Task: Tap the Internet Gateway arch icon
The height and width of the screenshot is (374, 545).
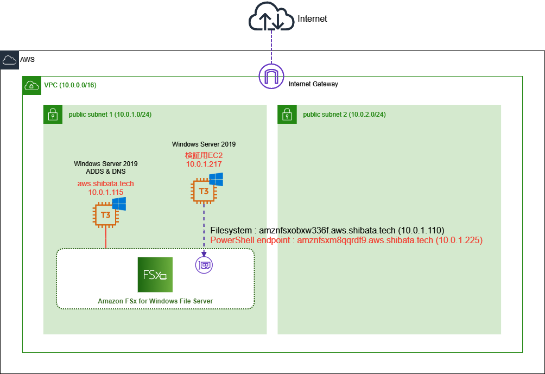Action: coord(272,76)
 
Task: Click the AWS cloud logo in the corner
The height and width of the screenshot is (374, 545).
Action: coord(9,60)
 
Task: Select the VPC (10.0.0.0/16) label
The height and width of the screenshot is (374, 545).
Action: coord(70,85)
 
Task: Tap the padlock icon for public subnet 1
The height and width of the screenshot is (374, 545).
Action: coord(53,114)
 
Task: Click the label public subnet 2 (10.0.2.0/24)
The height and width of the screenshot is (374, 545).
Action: coord(344,115)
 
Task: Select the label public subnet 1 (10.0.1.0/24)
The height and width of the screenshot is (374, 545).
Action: coord(110,115)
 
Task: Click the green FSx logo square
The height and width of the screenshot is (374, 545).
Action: coord(155,275)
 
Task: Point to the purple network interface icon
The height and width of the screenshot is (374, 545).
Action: coord(204,265)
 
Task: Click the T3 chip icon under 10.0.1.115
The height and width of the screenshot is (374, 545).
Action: coord(105,215)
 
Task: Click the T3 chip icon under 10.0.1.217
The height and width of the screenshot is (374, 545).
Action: coord(204,191)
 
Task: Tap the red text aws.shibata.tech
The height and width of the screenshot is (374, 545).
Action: coord(105,184)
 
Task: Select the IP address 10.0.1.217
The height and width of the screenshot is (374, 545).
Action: coord(204,163)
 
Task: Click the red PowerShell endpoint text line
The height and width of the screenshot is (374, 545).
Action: coord(346,239)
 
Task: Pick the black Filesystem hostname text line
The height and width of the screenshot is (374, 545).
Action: coord(331,230)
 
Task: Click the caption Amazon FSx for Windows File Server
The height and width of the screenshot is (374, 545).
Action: coord(155,301)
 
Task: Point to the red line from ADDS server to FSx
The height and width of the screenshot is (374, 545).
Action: coord(105,239)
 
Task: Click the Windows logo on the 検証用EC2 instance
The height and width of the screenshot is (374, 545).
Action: coord(216,180)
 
